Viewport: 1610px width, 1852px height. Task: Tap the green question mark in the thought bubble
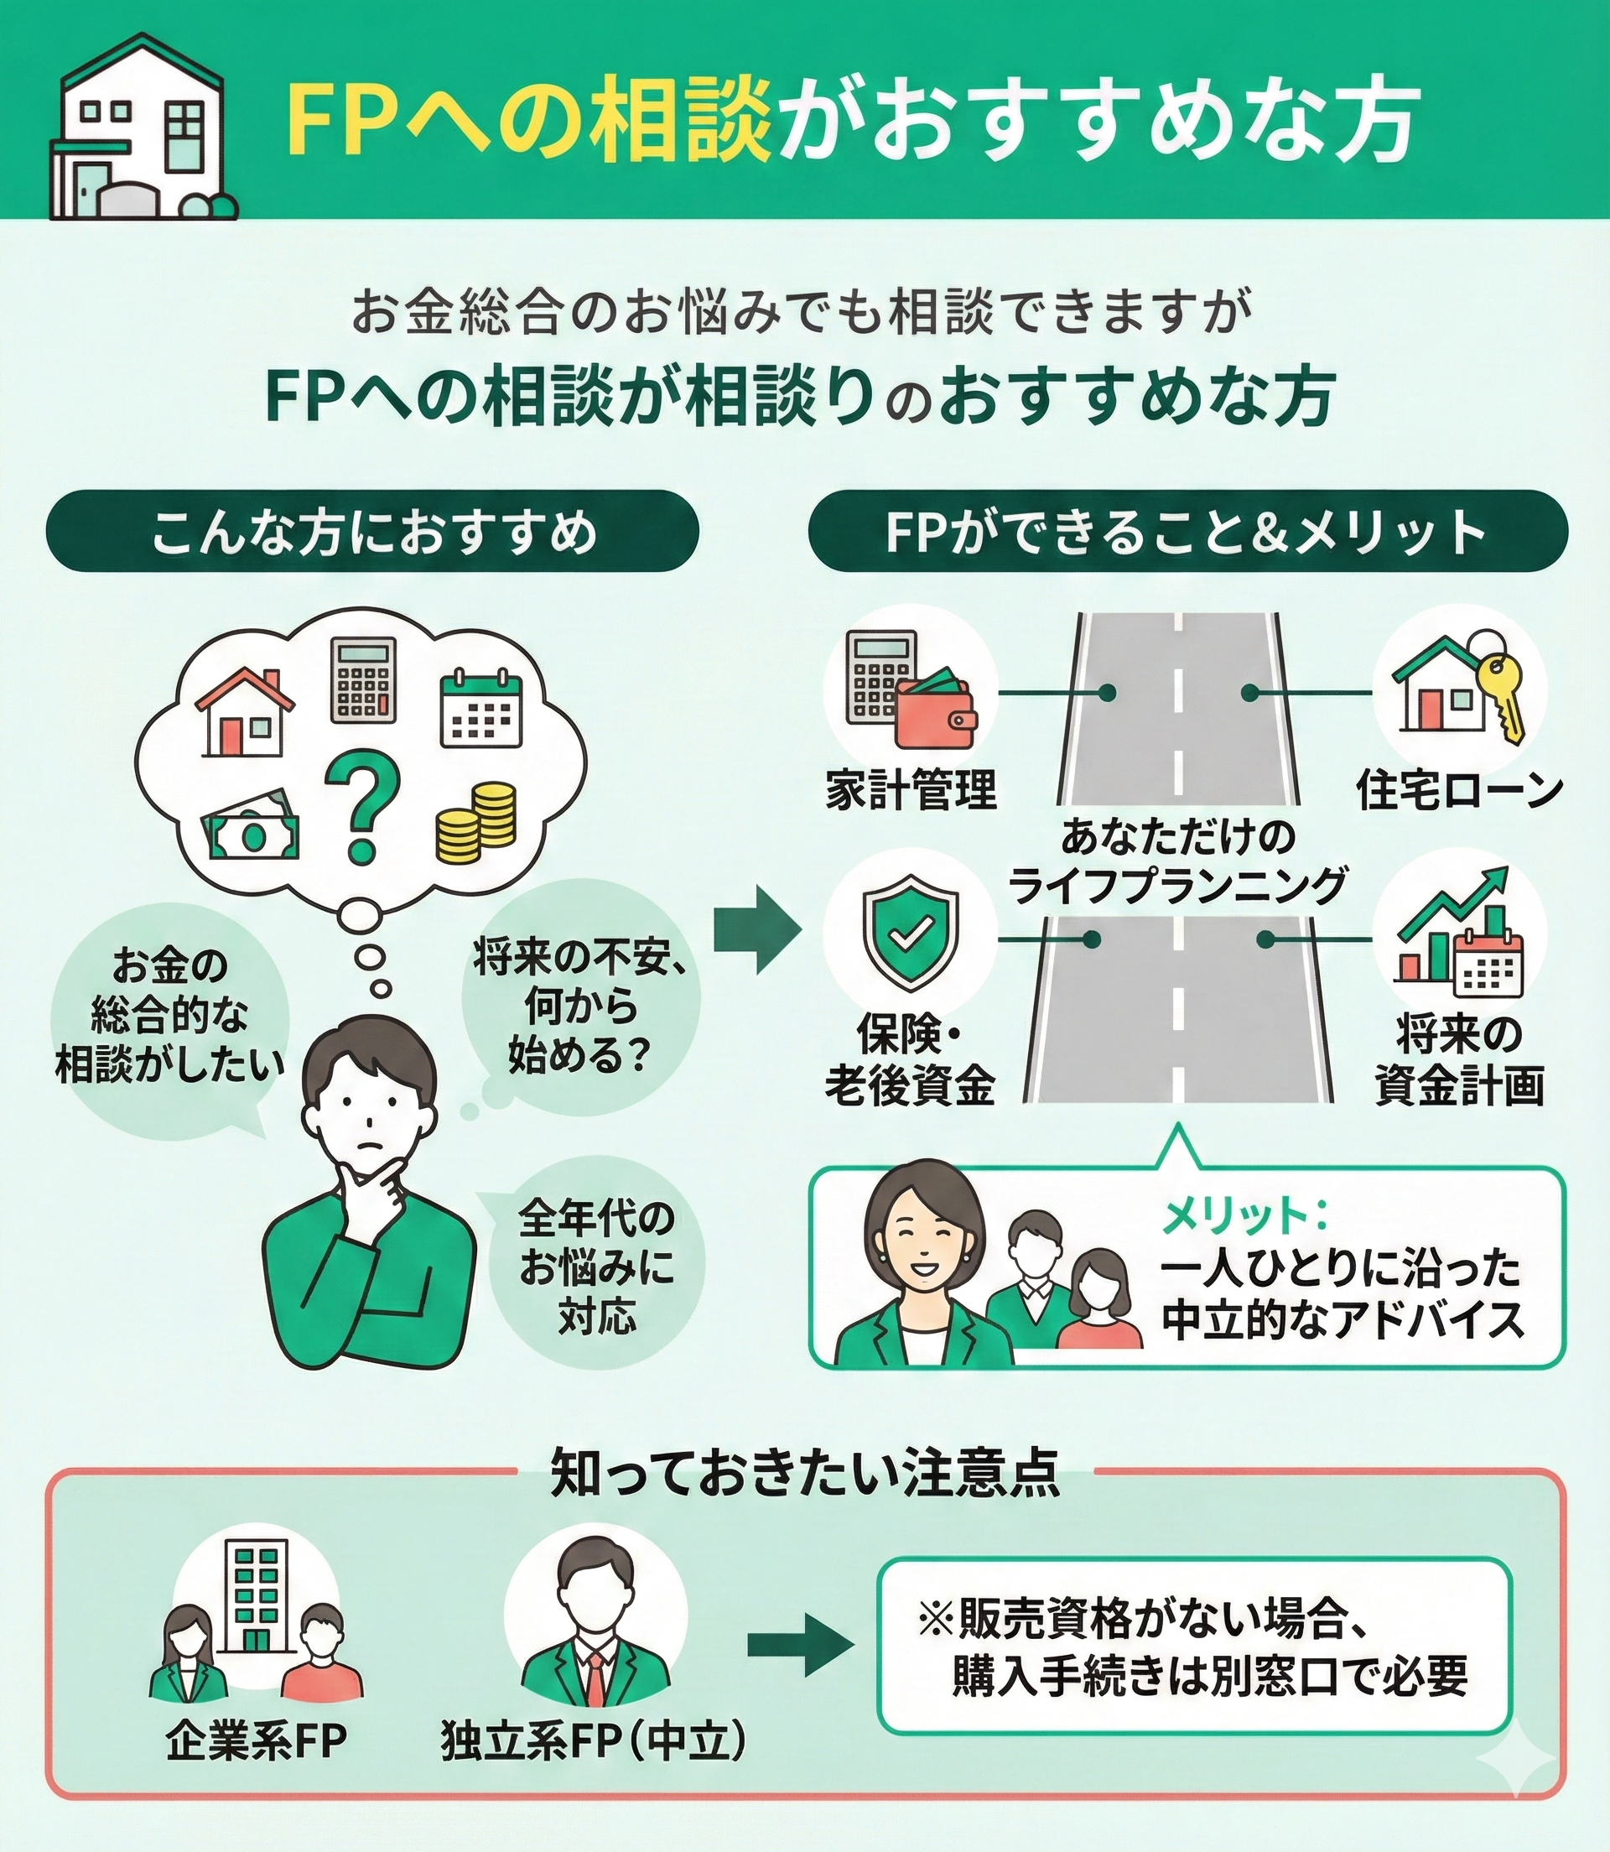point(362,802)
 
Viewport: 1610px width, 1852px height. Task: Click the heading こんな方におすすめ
point(372,532)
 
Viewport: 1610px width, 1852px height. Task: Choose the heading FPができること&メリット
point(1187,532)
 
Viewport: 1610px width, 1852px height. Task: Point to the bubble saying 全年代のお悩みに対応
point(595,1267)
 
